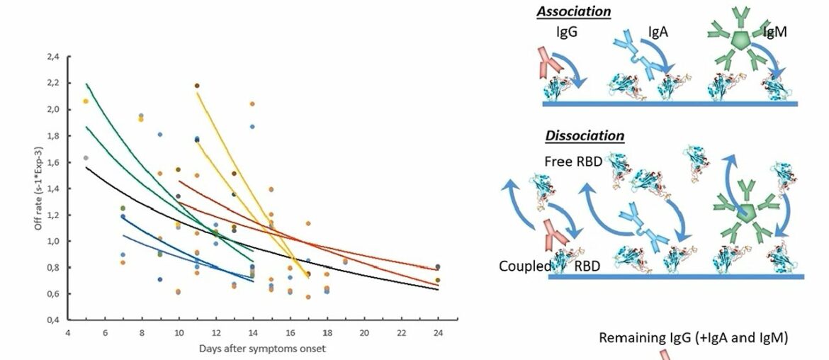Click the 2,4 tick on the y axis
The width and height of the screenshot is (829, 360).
[x=54, y=56]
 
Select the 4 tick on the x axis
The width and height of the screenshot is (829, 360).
[x=68, y=332]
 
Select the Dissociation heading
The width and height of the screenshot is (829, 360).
[x=585, y=135]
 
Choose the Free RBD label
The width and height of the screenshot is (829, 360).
[x=573, y=162]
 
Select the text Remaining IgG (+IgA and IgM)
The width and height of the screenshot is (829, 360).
[x=693, y=337]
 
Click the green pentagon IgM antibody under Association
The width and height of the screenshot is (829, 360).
[x=738, y=40]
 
